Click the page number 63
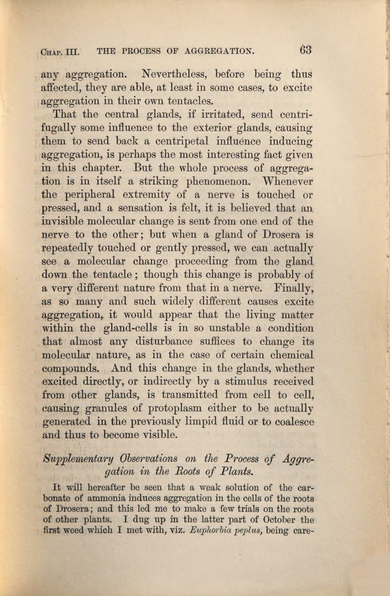click(305, 50)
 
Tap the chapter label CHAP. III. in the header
click(60, 51)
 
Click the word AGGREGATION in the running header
click(219, 51)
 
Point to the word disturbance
click(164, 341)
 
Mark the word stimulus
click(246, 381)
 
